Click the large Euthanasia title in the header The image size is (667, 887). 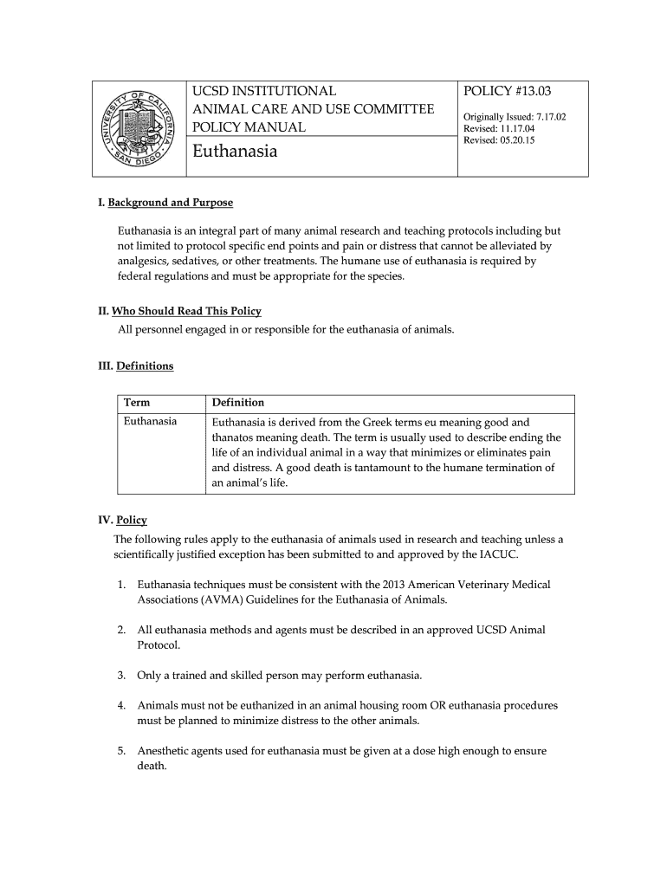click(x=235, y=152)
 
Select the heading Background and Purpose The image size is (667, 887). click(x=170, y=203)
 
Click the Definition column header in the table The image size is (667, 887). click(x=238, y=403)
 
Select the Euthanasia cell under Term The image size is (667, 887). click(x=151, y=422)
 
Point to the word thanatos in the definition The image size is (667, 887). click(x=234, y=437)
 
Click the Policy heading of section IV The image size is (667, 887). click(x=131, y=521)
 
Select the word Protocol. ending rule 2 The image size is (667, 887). click(x=159, y=645)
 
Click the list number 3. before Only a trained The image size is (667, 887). click(x=122, y=675)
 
